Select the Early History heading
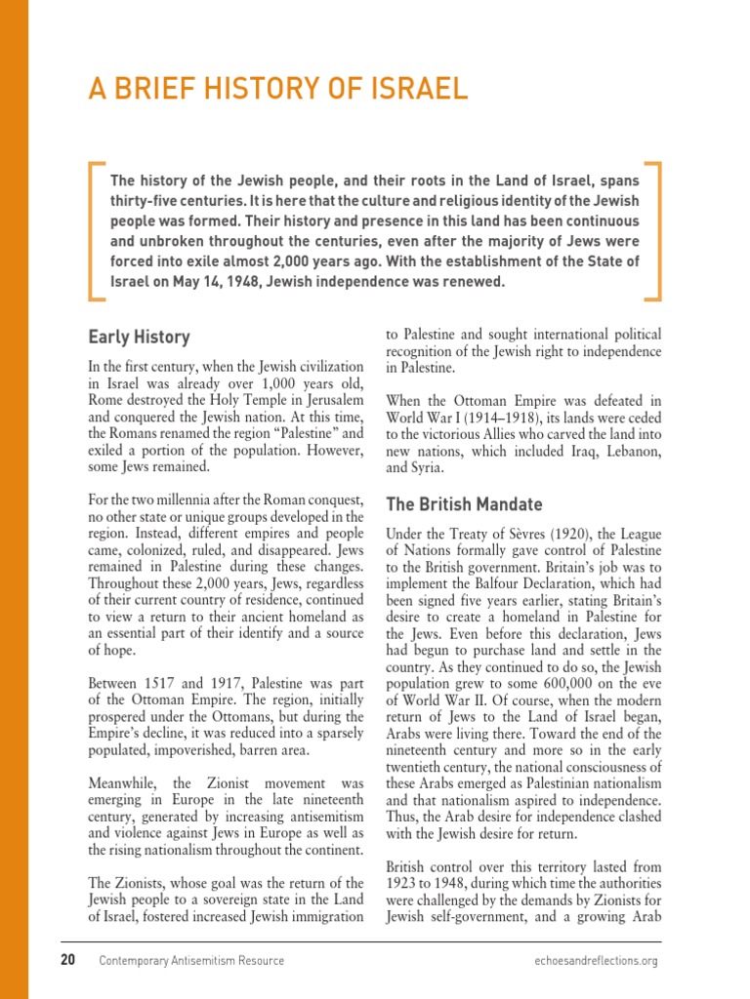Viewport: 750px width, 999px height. (139, 338)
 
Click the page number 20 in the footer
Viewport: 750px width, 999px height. (67, 960)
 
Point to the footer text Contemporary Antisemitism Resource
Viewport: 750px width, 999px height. (192, 961)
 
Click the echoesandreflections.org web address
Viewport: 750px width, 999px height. (591, 961)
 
